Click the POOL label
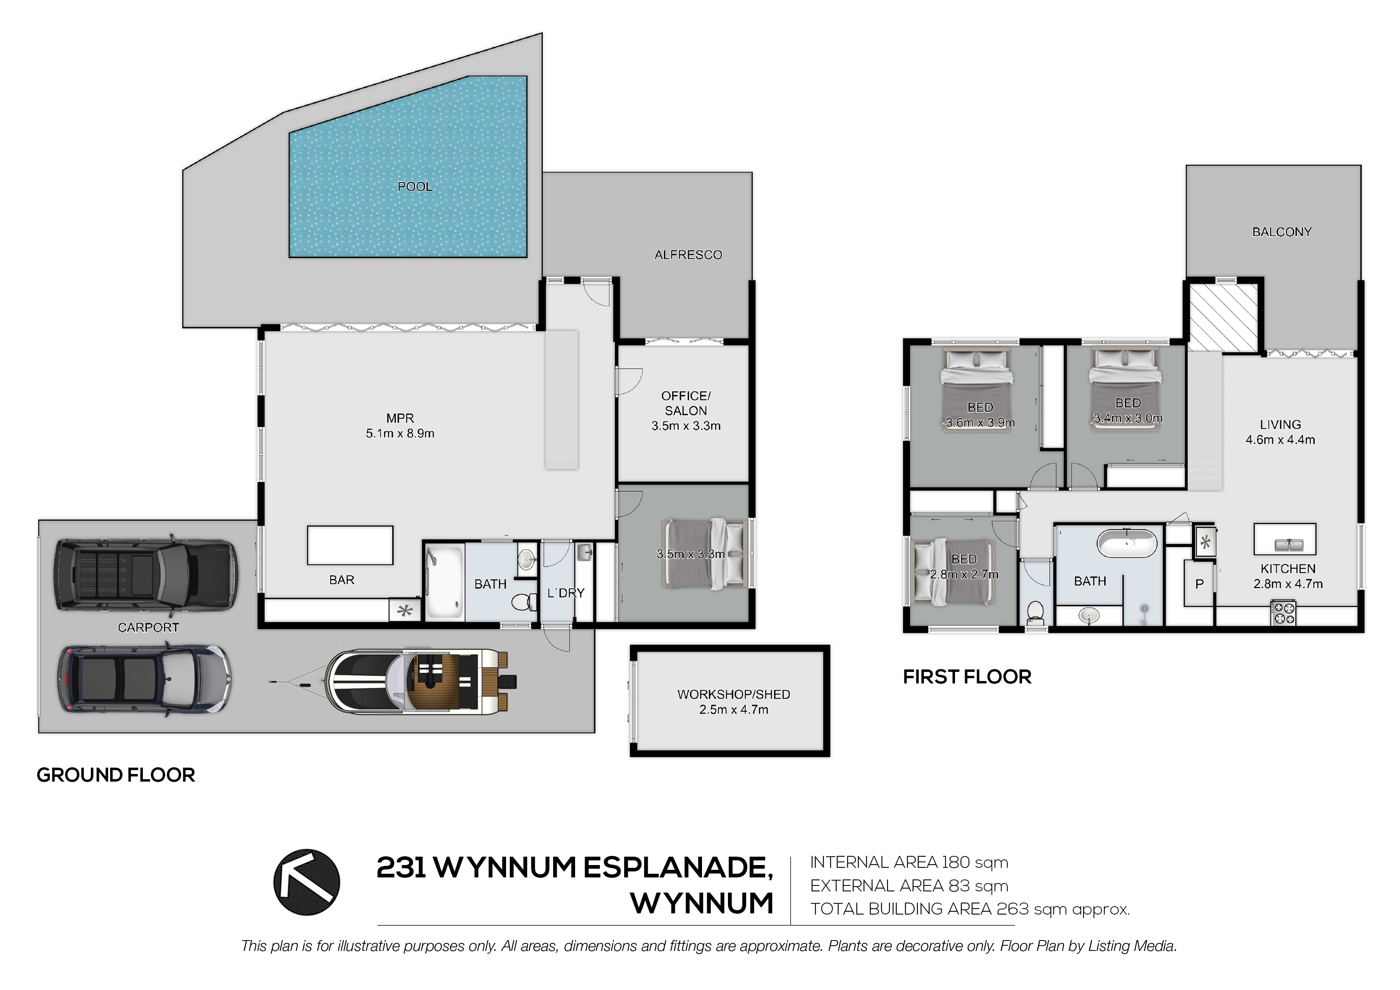tap(415, 187)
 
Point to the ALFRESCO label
tap(688, 255)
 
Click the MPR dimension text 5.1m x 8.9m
tap(400, 434)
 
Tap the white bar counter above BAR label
tap(350, 545)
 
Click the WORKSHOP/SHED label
tap(734, 694)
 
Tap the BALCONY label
tap(1282, 232)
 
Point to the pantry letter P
tap(1199, 584)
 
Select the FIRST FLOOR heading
tap(967, 677)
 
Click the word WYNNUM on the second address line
tap(702, 903)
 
